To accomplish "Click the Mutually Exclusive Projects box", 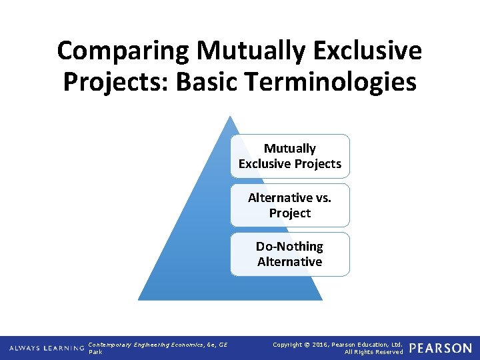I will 290,156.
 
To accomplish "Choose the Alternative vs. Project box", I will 290,205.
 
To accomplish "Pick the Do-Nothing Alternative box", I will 290,254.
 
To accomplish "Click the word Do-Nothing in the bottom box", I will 290,247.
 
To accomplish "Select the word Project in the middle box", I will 290,213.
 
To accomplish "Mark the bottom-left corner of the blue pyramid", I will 139,299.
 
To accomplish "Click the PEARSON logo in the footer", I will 441,348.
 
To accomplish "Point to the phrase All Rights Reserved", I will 373,352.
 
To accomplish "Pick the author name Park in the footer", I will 95,352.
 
